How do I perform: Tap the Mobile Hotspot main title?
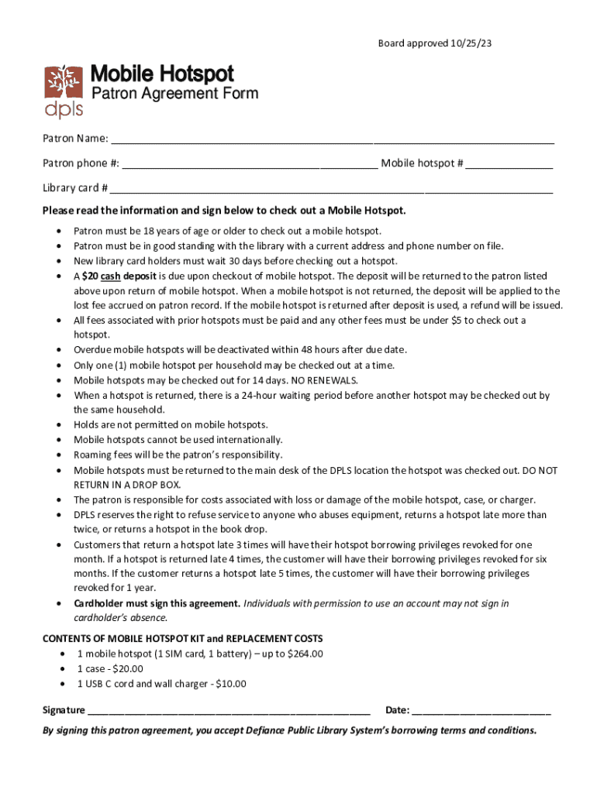(x=162, y=74)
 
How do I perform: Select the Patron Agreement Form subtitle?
(x=174, y=94)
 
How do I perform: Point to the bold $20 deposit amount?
(x=90, y=276)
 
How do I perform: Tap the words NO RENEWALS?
(x=324, y=380)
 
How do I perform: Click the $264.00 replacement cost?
(x=305, y=654)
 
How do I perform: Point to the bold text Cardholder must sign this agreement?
(x=157, y=603)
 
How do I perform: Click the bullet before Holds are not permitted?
(x=60, y=425)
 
